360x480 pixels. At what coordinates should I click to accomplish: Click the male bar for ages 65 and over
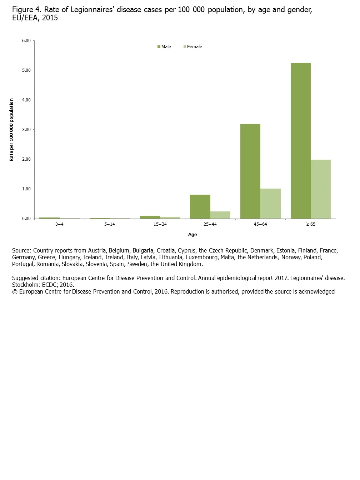300,141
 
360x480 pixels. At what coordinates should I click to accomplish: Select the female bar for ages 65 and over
320,189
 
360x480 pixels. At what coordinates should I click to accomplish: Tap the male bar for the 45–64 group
250,171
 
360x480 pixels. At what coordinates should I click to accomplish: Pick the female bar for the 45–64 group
270,204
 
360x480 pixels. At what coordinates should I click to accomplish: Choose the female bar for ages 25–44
220,215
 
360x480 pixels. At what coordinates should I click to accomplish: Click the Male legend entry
164,47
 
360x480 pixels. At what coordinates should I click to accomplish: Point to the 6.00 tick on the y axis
26,41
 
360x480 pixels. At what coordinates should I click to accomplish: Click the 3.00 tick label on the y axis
26,130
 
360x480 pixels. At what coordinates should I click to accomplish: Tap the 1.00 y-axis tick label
26,189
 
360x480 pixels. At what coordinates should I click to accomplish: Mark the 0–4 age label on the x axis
59,224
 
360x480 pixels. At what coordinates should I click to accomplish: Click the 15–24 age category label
160,224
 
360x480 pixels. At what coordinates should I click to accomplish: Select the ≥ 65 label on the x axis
310,224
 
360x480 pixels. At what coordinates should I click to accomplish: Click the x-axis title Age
192,235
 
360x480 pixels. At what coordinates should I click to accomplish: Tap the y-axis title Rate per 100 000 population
11,130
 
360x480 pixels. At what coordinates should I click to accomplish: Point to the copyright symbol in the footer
15,292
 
